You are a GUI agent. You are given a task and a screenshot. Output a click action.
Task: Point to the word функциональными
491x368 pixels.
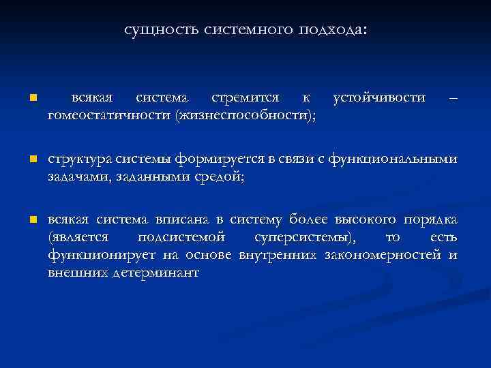pyautogui.click(x=393, y=159)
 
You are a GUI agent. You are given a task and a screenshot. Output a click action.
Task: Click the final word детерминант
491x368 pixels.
pyautogui.click(x=160, y=272)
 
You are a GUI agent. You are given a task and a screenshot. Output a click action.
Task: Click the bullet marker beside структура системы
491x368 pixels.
pyautogui.click(x=24, y=160)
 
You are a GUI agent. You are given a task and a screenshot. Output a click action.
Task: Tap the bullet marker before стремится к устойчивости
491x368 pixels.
pyautogui.click(x=24, y=99)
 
